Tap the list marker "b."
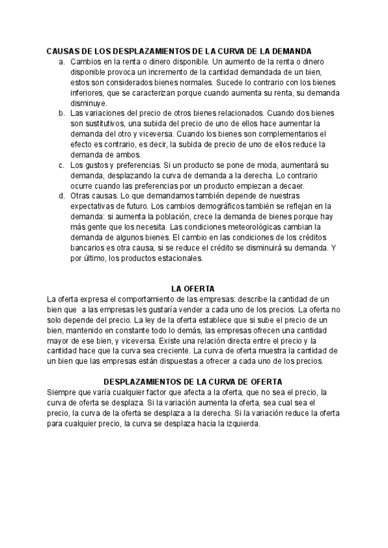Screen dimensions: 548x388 (61, 112)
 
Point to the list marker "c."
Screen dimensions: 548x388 (61, 165)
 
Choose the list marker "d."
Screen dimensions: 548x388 (61, 196)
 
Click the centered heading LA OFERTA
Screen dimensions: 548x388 (193, 288)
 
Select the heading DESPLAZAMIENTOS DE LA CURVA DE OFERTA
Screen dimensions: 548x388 (193, 382)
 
